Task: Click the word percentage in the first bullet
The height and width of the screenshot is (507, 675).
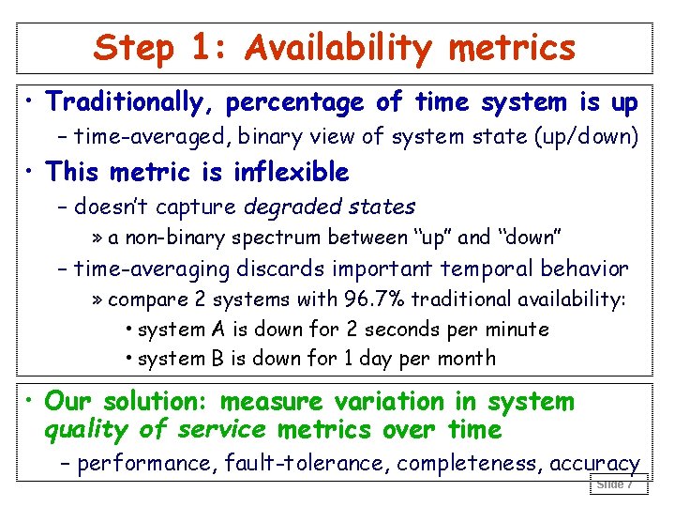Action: [294, 101]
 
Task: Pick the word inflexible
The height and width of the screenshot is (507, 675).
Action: [291, 172]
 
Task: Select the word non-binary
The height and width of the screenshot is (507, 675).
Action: [149, 238]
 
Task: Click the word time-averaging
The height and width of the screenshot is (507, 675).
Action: [151, 269]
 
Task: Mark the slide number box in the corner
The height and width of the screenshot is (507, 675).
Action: [616, 484]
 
